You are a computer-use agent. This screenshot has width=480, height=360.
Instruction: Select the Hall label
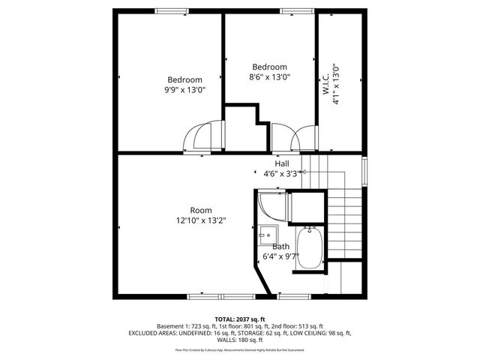pos(282,163)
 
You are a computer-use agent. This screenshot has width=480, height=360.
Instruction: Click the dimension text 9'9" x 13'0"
pos(184,89)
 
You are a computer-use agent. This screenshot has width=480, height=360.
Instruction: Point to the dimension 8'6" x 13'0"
pos(269,76)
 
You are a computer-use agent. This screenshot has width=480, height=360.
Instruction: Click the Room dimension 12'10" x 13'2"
pos(200,220)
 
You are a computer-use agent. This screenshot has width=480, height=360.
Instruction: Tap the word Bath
pos(280,246)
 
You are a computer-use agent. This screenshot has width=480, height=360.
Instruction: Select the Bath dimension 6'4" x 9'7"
pos(280,256)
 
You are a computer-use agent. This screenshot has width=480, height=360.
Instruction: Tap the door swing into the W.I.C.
pos(306,139)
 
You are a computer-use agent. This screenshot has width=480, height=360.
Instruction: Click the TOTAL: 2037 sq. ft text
pos(239,319)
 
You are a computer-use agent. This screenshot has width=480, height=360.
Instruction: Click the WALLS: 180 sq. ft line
pos(239,340)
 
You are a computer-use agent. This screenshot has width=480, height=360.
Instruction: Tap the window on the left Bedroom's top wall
pos(178,10)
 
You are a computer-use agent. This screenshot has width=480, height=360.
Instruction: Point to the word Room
pos(200,210)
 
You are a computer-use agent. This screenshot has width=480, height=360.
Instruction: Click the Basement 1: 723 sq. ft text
pos(184,326)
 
